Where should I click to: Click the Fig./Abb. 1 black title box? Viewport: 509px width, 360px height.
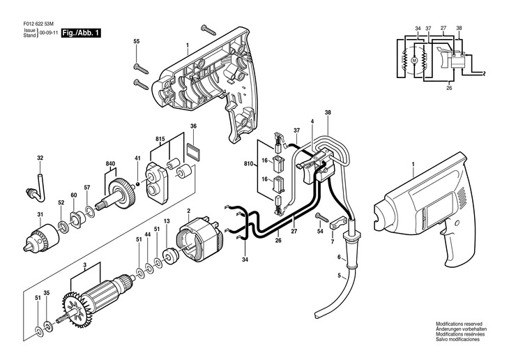pos(81,33)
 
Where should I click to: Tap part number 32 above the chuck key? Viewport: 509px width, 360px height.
pos(40,158)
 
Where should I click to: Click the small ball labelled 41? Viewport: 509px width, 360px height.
pos(137,184)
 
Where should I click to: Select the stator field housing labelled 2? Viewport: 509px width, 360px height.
pos(199,237)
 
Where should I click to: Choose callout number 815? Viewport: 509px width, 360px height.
pos(160,139)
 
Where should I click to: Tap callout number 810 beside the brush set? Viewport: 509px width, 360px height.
pos(249,165)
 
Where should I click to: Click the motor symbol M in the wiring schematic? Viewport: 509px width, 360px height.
pos(413,60)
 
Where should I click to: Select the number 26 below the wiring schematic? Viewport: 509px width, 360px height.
pos(449,88)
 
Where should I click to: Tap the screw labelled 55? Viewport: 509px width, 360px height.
pos(141,69)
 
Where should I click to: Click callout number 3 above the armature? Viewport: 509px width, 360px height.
pos(84,264)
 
